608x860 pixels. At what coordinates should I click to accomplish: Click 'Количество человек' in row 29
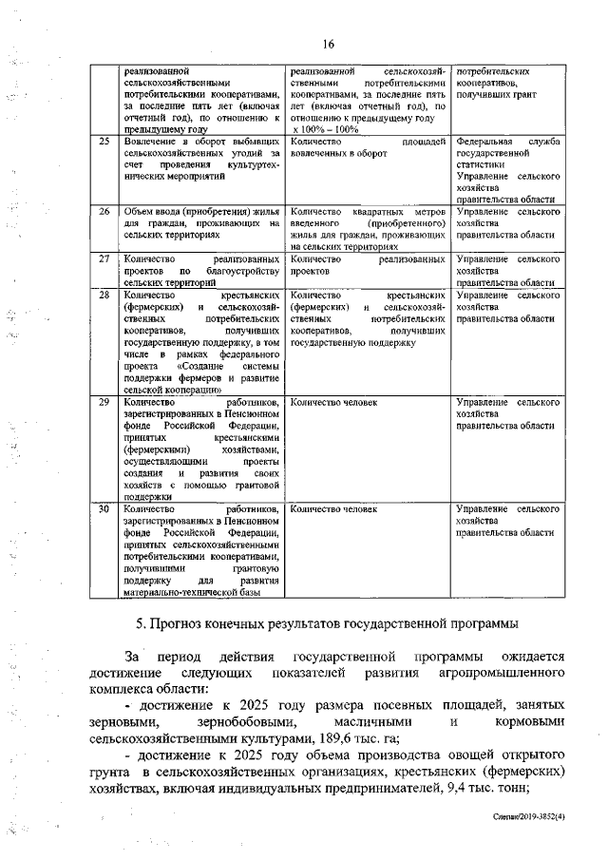pyautogui.click(x=333, y=403)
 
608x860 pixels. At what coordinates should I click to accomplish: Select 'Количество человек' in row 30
pyautogui.click(x=333, y=508)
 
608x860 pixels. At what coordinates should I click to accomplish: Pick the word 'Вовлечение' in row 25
pyautogui.click(x=151, y=142)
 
